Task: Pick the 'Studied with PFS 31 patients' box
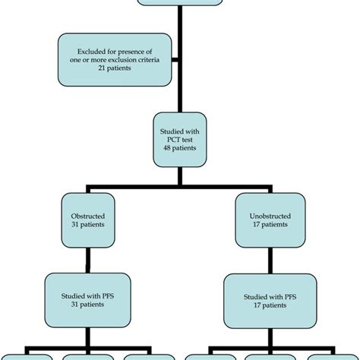[x=90, y=295]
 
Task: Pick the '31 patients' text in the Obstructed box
[x=90, y=225]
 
